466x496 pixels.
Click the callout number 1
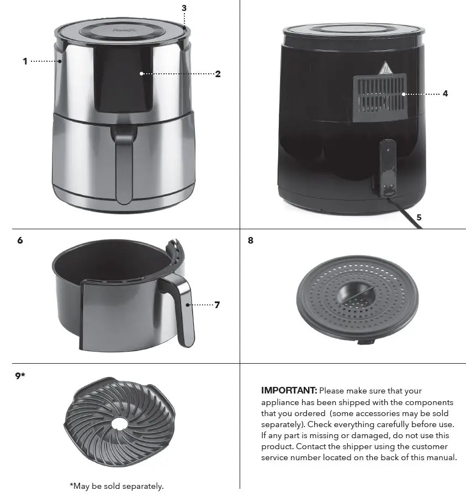click(x=25, y=61)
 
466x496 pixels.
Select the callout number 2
click(x=218, y=74)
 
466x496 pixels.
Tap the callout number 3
click(x=184, y=8)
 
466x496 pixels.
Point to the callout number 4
click(x=445, y=94)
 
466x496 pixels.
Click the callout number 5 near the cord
click(x=419, y=218)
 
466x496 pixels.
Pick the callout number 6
click(x=20, y=240)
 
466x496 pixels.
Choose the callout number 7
click(x=217, y=305)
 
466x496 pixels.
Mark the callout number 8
click(x=251, y=240)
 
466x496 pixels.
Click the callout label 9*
click(x=20, y=376)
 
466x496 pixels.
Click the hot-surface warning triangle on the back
click(x=384, y=69)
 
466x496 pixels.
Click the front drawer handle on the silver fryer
click(x=124, y=165)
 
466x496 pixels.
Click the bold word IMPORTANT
click(x=289, y=391)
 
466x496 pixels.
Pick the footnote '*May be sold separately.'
click(x=116, y=486)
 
